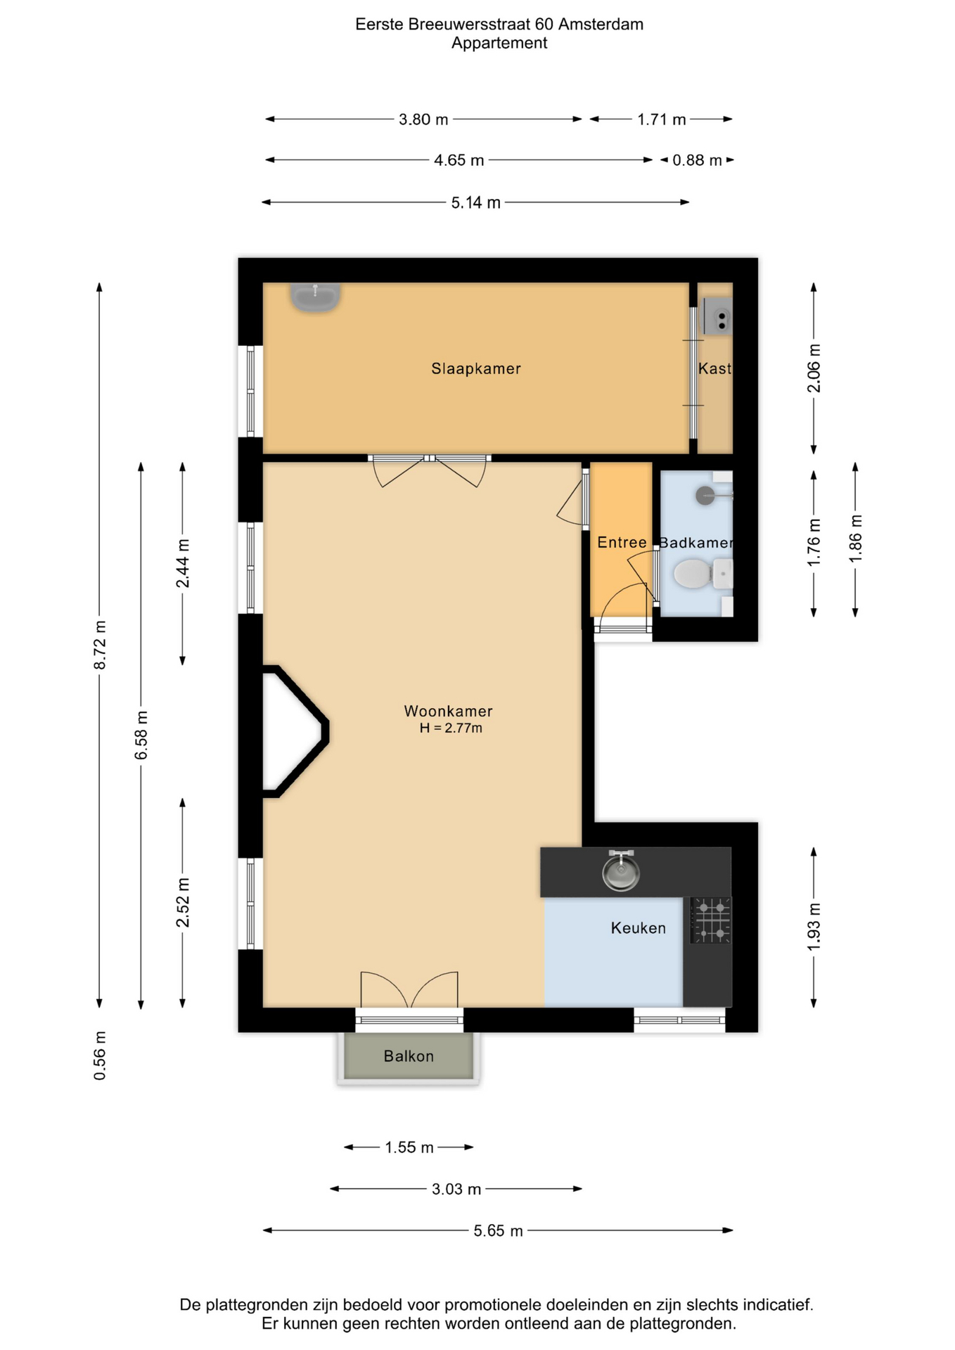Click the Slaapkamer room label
[476, 368]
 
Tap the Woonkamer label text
[448, 711]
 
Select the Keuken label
[638, 928]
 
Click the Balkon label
[409, 1056]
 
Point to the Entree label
[622, 542]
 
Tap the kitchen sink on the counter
[621, 871]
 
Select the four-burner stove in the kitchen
[711, 920]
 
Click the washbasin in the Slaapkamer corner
[316, 297]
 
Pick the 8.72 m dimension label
[101, 645]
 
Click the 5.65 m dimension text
[498, 1230]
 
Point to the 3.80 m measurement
[423, 120]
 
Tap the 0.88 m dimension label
[697, 160]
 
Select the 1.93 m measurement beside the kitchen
[814, 927]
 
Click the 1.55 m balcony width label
[409, 1147]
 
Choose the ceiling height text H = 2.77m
[451, 728]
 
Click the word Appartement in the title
[499, 43]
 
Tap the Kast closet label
[714, 368]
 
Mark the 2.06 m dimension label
[814, 368]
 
